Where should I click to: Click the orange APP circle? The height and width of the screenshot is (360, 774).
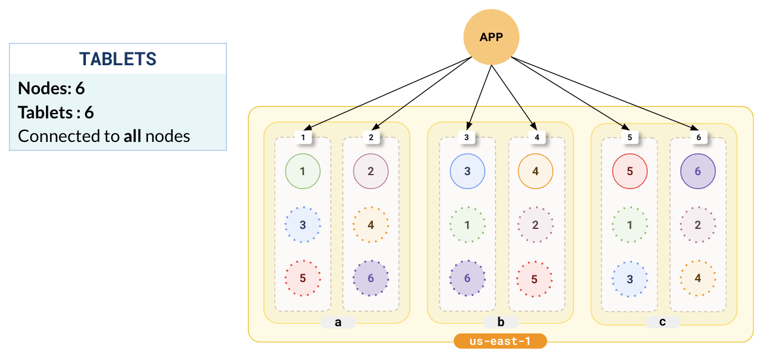click(x=491, y=37)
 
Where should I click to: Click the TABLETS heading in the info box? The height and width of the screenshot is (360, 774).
click(x=118, y=59)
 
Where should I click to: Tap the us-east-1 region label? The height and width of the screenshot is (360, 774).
click(x=500, y=341)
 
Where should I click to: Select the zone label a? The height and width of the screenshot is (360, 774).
click(x=338, y=322)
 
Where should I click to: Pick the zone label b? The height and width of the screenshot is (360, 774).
click(x=500, y=322)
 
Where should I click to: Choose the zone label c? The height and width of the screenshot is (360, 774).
click(x=662, y=322)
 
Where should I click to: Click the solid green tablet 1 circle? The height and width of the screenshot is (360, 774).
click(x=303, y=171)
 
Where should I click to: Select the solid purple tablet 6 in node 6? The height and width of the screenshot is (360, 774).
click(x=698, y=171)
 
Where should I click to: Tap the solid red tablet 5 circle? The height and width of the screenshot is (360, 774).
click(x=630, y=171)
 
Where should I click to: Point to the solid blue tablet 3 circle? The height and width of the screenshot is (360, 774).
click(x=468, y=171)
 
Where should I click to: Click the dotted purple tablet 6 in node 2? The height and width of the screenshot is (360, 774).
click(x=371, y=278)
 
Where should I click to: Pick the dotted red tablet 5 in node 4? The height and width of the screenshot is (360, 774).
click(x=535, y=279)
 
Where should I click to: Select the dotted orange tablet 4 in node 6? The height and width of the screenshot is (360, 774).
click(x=698, y=278)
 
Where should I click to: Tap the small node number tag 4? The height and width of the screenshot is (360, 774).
click(x=537, y=137)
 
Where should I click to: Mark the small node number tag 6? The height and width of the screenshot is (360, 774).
click(x=699, y=137)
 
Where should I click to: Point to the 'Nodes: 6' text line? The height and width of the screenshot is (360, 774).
click(x=51, y=89)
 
